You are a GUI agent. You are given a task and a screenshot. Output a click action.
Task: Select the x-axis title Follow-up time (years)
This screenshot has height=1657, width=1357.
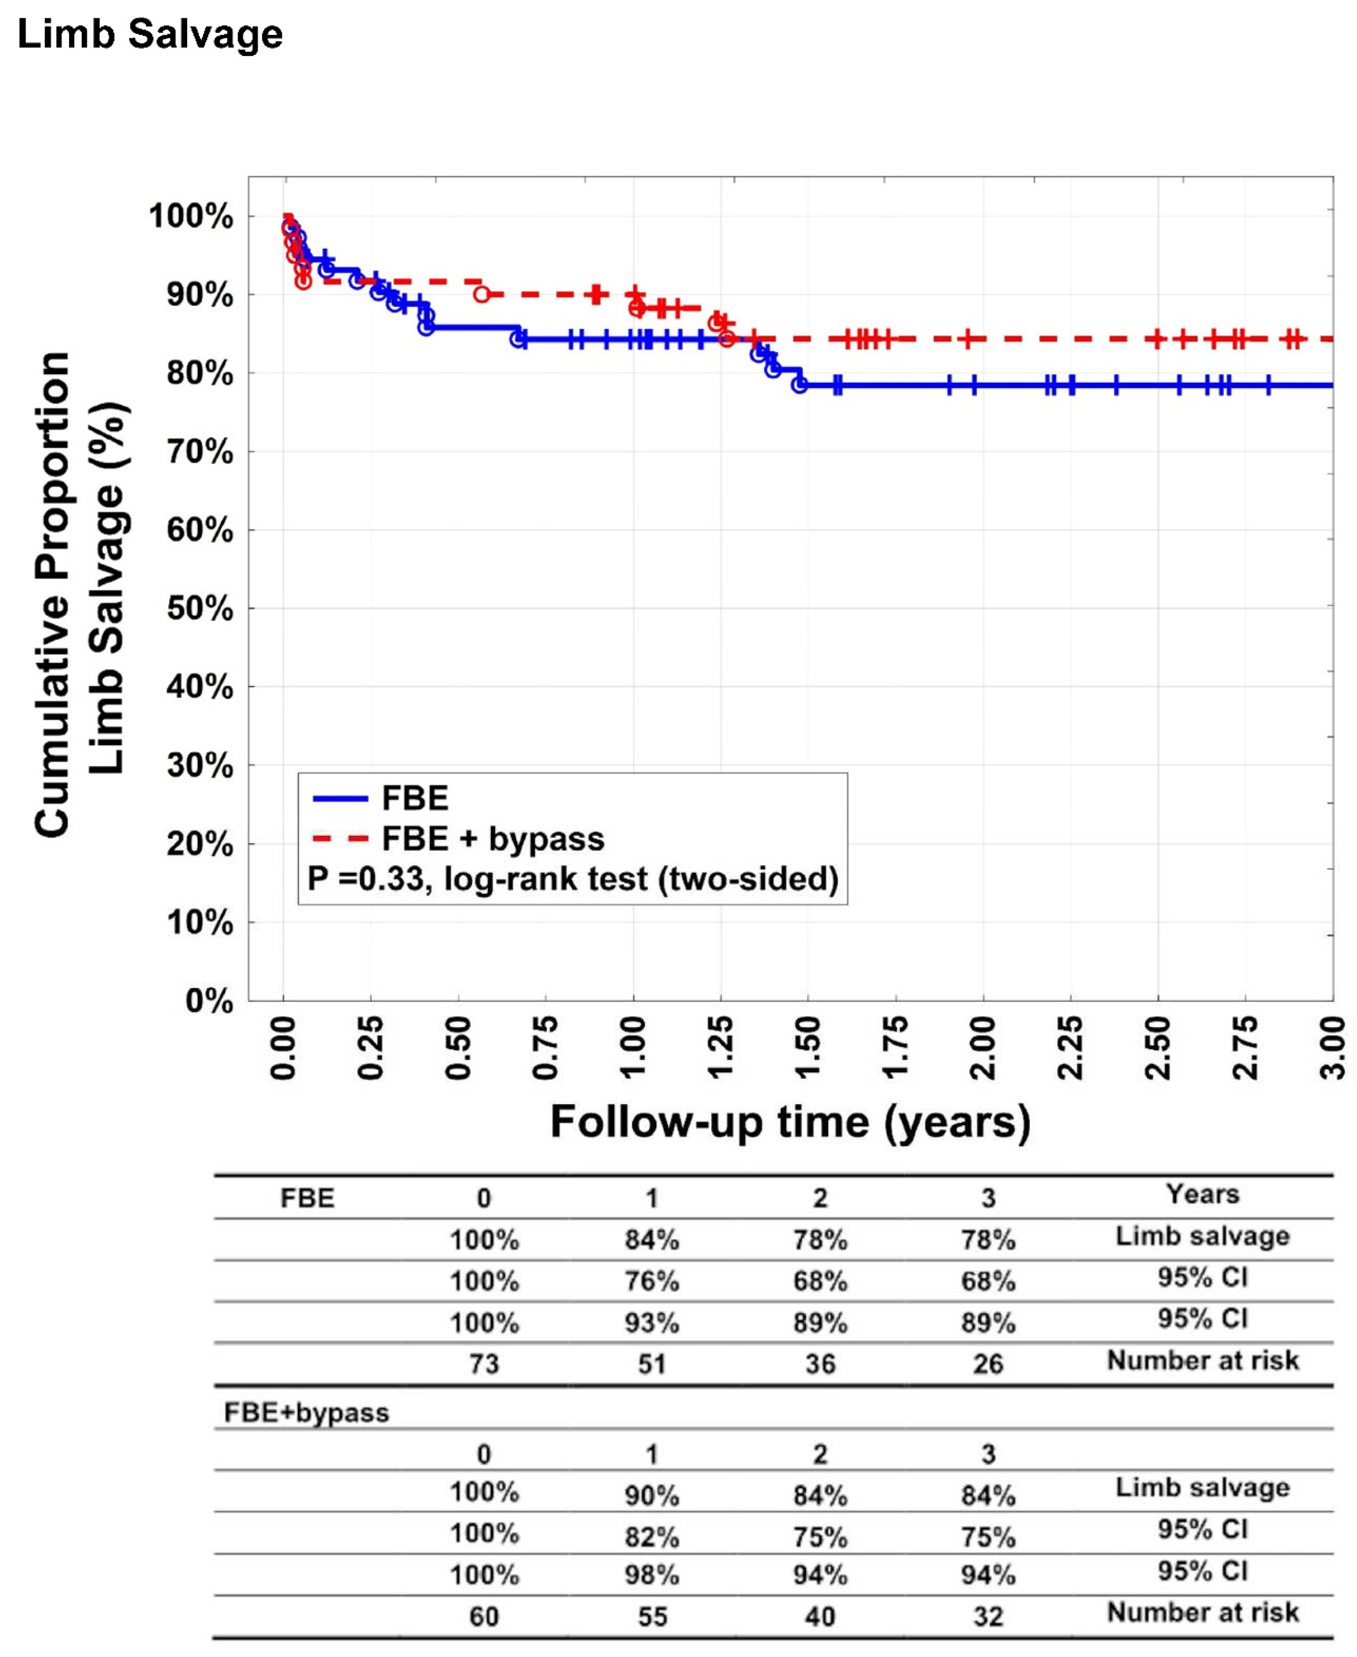790,1121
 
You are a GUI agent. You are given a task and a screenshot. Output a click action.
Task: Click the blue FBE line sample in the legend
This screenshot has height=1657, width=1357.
340,798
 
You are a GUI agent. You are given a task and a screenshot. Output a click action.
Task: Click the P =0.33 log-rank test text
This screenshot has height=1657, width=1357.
573,879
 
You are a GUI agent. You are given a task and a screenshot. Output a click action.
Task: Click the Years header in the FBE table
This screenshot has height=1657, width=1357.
1202,1195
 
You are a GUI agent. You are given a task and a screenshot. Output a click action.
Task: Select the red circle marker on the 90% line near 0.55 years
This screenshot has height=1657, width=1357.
482,294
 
